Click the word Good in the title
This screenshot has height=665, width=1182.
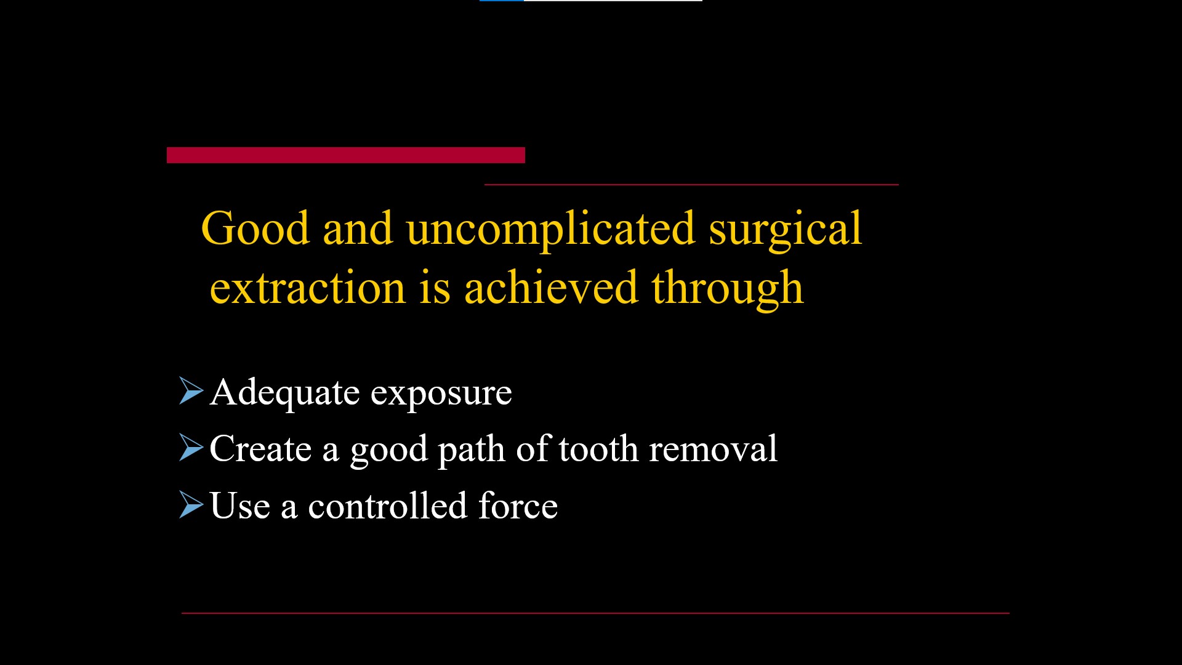tap(255, 228)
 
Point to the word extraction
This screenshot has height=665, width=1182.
tap(307, 288)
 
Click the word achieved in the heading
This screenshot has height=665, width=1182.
tap(550, 288)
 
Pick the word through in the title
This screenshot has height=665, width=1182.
tap(728, 288)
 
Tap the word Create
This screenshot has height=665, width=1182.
tap(260, 448)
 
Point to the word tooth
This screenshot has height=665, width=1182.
tap(598, 448)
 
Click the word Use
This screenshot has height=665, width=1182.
tap(239, 506)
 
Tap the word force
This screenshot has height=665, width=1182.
tap(518, 506)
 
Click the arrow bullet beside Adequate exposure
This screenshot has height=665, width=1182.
tap(190, 391)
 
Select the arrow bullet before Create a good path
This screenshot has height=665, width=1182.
tap(190, 448)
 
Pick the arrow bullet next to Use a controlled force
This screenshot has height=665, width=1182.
tap(190, 504)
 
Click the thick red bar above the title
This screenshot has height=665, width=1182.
tap(345, 155)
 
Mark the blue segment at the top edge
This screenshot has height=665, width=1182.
tap(501, 1)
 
